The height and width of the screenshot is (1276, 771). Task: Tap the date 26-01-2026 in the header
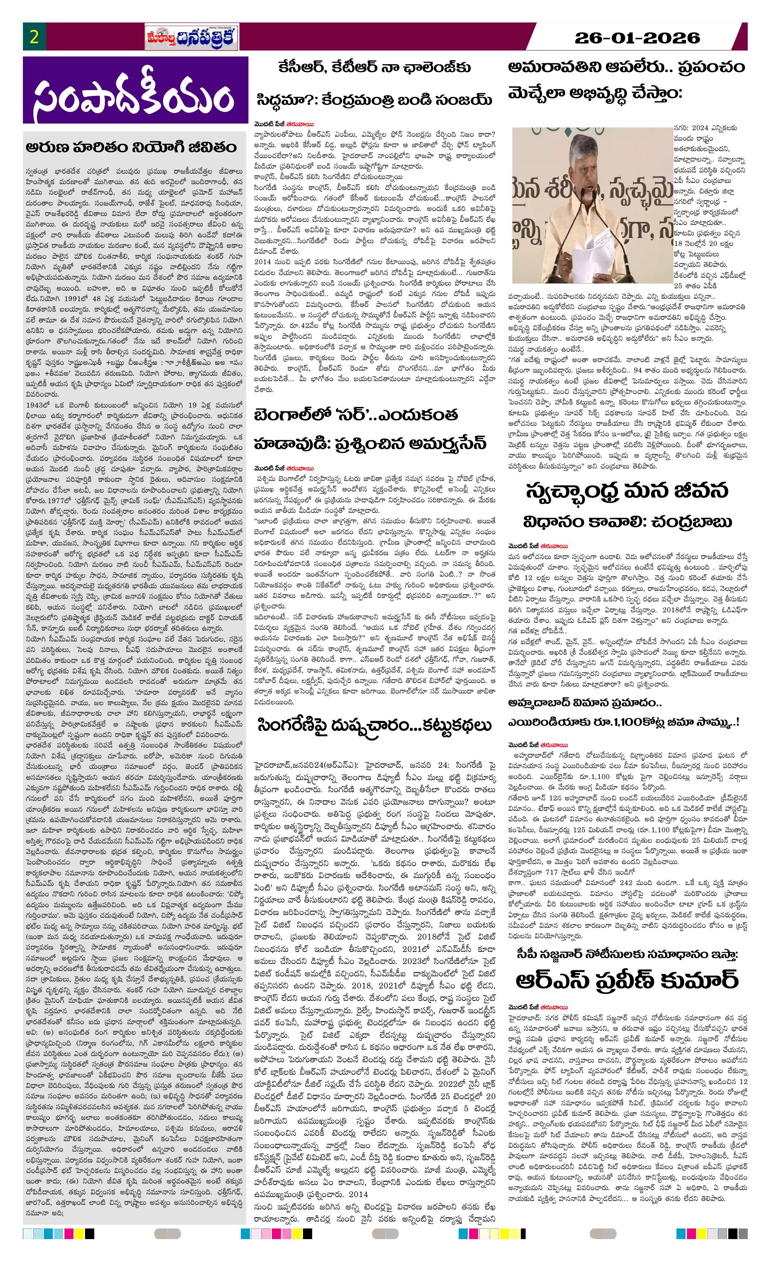click(637, 38)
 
